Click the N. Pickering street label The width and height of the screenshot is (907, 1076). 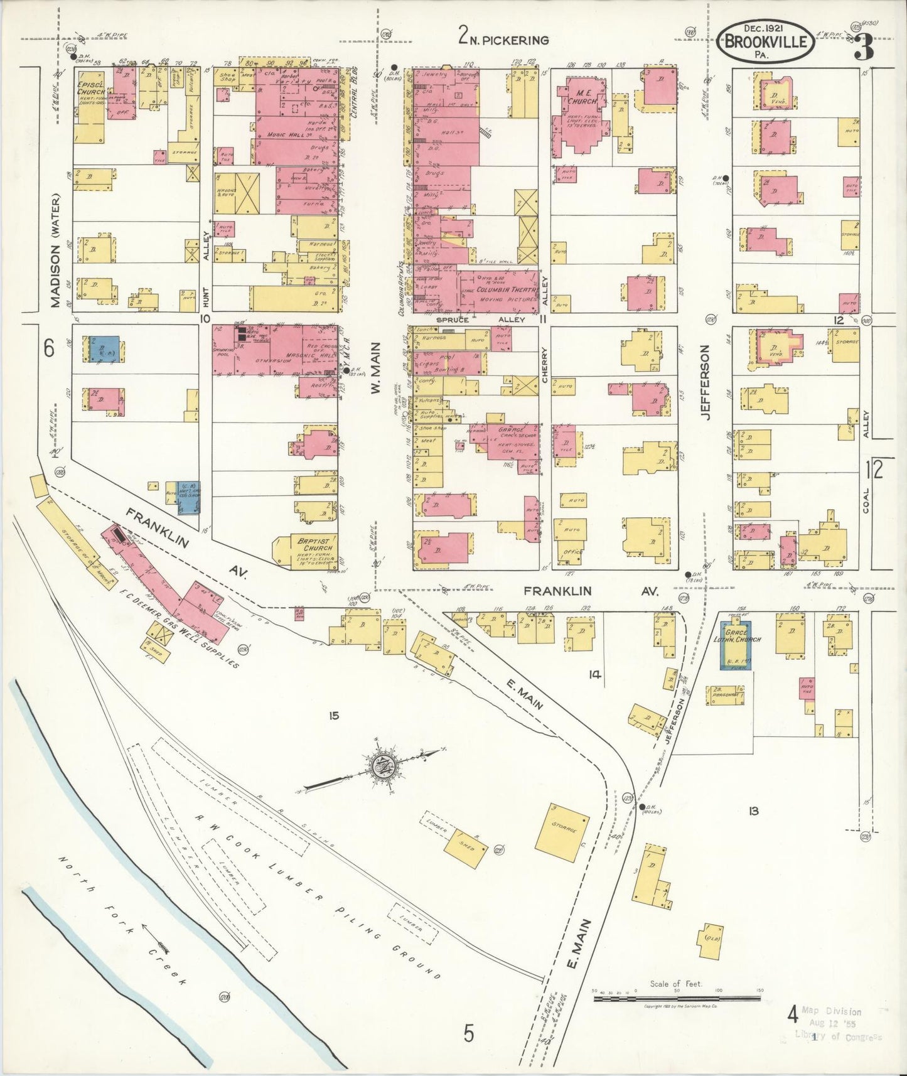coord(503,39)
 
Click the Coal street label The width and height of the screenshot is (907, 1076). coord(866,500)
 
